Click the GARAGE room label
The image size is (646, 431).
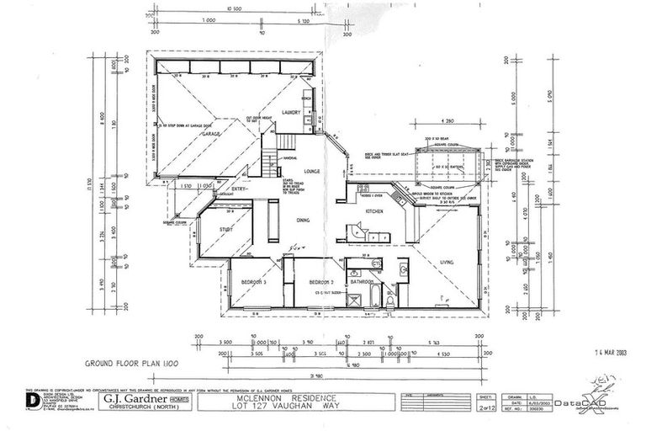pos(212,133)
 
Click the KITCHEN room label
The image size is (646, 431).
pos(374,211)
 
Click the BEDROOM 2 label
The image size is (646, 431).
pos(320,281)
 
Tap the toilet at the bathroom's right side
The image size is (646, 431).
pos(391,299)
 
